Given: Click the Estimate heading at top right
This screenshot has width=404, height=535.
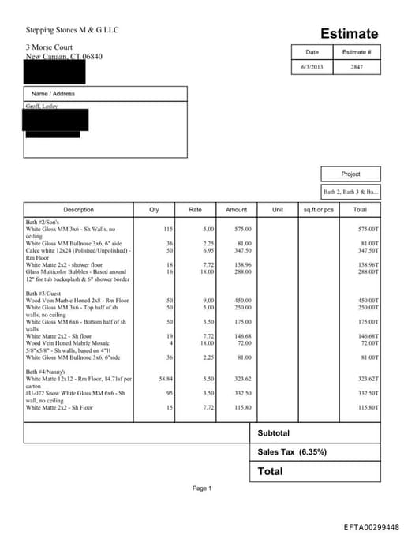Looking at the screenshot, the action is (349, 34).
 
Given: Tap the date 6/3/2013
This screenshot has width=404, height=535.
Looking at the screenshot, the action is (312, 67).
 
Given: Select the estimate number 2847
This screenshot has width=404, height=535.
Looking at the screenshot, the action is (357, 67).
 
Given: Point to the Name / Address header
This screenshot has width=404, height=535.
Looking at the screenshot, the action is (53, 94).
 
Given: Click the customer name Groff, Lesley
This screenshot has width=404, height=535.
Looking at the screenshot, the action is (42, 106).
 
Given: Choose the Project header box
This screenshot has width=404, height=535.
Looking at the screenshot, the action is (350, 174).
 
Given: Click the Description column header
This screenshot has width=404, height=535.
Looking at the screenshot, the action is (78, 210).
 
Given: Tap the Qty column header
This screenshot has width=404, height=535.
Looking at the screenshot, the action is (154, 210).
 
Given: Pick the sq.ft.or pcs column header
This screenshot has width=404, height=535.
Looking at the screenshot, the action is (319, 210).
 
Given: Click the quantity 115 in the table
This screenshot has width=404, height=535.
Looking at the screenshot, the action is (167, 229).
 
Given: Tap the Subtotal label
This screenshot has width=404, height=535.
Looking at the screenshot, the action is (274, 433).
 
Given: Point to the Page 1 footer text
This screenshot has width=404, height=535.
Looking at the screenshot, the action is (201, 488).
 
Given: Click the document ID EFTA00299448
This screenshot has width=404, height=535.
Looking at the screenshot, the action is (371, 526).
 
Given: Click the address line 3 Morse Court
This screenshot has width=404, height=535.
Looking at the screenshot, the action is (49, 47).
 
